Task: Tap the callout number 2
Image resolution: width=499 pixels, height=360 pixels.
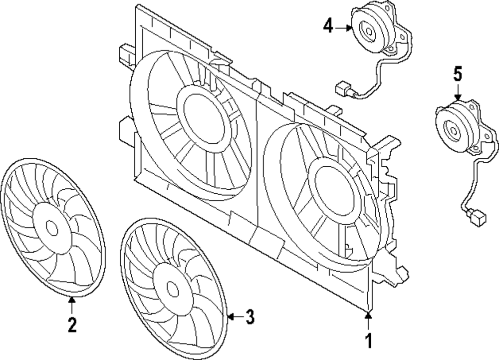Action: tap(72, 325)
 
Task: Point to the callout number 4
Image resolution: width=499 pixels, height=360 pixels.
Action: tap(328, 26)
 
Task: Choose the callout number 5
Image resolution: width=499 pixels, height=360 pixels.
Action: tap(458, 75)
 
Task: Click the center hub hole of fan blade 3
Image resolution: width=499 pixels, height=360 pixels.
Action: tap(172, 289)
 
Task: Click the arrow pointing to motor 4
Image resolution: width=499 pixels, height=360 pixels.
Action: tap(344, 28)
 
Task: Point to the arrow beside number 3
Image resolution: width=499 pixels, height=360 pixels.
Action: tap(235, 316)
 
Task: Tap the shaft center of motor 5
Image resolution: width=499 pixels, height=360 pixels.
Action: tap(454, 130)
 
